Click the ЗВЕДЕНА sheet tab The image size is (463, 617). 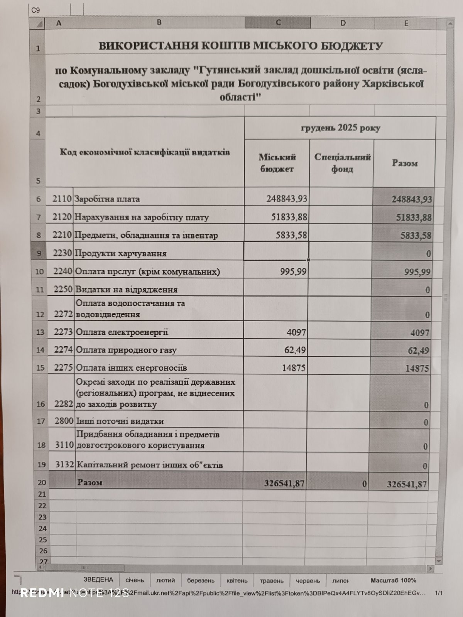pyautogui.click(x=98, y=579)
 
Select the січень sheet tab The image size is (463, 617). pyautogui.click(x=134, y=580)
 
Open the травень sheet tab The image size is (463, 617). pyautogui.click(x=272, y=580)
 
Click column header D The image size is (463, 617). pyautogui.click(x=342, y=23)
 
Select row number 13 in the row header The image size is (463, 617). pyautogui.click(x=40, y=332)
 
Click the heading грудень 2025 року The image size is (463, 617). pyautogui.click(x=340, y=128)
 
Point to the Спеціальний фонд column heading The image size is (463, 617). pyautogui.click(x=342, y=163)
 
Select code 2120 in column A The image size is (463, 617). pyautogui.click(x=62, y=217)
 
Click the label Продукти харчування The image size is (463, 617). pyautogui.click(x=120, y=253)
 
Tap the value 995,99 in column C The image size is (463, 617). pyautogui.click(x=293, y=271)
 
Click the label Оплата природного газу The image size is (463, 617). pyautogui.click(x=126, y=350)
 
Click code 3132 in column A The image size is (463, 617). pyautogui.click(x=64, y=464)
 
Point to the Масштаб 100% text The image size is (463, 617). pyautogui.click(x=393, y=580)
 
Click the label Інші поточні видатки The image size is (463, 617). pyautogui.click(x=120, y=421)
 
